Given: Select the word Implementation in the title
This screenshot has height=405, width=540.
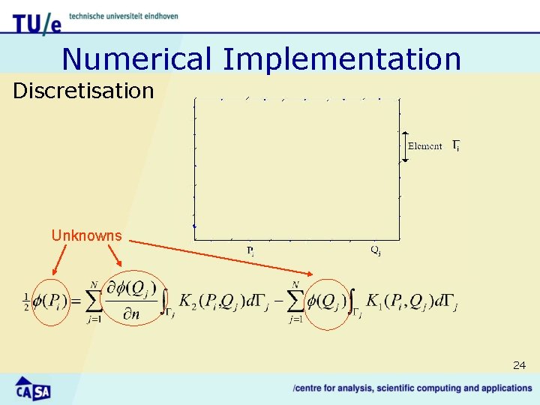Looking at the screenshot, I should coord(342,58).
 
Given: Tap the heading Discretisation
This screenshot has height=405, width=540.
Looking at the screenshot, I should coord(83,91).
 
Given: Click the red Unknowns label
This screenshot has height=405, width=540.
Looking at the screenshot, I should coord(86,235).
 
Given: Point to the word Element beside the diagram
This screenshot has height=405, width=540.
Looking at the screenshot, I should coord(424,145).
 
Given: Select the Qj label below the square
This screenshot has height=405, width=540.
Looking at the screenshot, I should coord(375,250).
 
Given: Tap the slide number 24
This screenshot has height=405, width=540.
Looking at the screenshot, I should coord(519,365).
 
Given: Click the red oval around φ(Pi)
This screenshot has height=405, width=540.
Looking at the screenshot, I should coord(51,301).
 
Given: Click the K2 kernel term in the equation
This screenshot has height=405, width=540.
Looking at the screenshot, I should coord(194,301).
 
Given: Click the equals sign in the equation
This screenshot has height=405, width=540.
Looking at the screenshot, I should coord(76,302).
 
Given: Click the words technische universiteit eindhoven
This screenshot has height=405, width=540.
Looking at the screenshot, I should coord(123,16).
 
